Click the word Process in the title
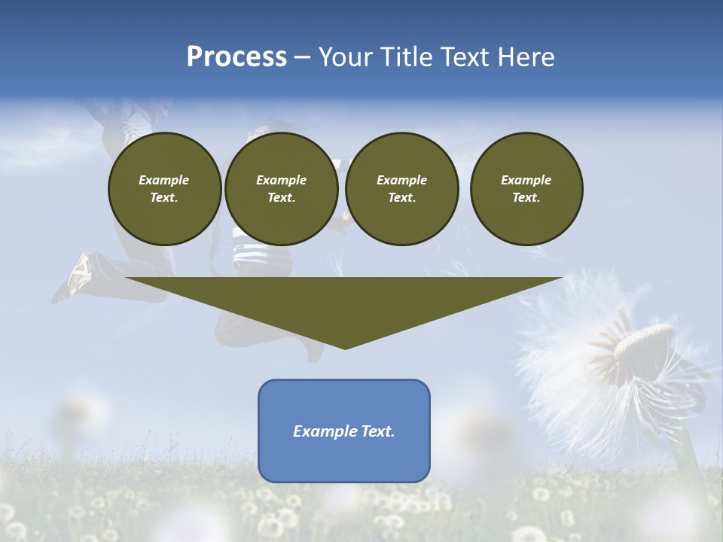coord(236,57)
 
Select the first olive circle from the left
coord(165,189)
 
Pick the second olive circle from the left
coord(282,189)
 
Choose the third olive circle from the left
coord(401,189)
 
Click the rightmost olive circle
coord(526,189)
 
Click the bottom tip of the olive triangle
coord(345,347)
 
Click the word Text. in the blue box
coord(378,431)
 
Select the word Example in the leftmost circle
coord(164,180)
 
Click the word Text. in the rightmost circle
coord(526,198)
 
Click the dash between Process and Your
coord(302,58)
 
